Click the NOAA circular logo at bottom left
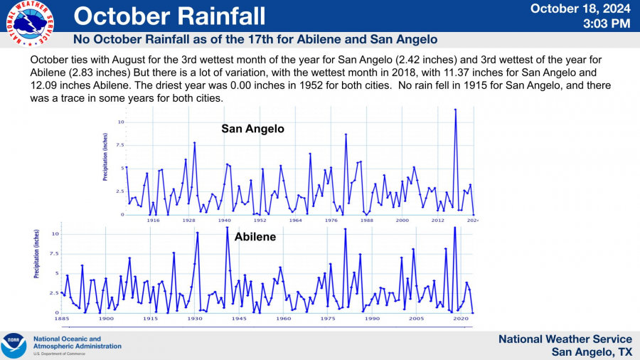(14, 346)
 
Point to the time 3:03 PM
(607, 23)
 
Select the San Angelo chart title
(252, 129)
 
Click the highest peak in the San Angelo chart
(456, 110)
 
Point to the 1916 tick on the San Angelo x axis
(153, 221)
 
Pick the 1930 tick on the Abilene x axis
(194, 319)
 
